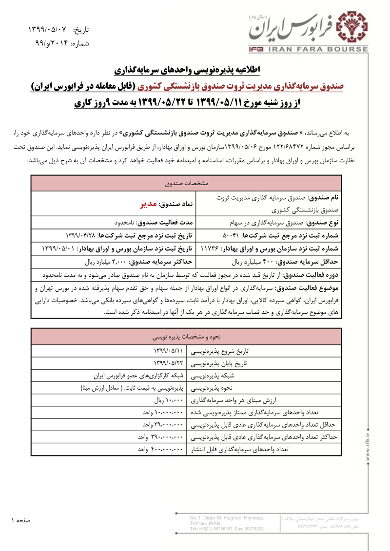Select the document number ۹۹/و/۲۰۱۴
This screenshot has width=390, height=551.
pos(51,43)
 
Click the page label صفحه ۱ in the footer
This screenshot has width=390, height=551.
pos(21,521)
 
